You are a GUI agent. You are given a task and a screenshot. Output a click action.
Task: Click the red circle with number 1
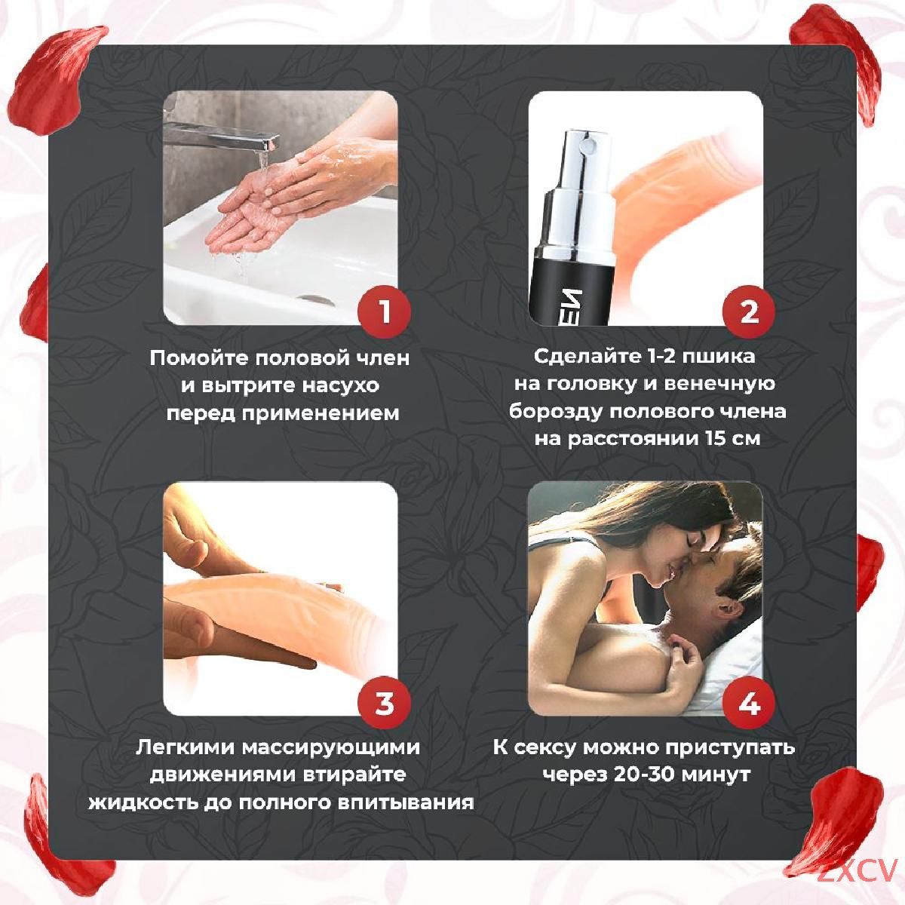384,311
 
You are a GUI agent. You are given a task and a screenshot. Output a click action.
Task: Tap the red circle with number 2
749,311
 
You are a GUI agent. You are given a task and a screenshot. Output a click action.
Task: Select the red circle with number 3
384,703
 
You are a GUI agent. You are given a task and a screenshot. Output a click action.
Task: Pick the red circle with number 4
749,703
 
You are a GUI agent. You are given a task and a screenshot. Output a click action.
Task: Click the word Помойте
199,358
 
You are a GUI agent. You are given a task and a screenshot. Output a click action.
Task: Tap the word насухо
339,385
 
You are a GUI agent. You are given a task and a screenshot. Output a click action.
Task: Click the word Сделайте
587,356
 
